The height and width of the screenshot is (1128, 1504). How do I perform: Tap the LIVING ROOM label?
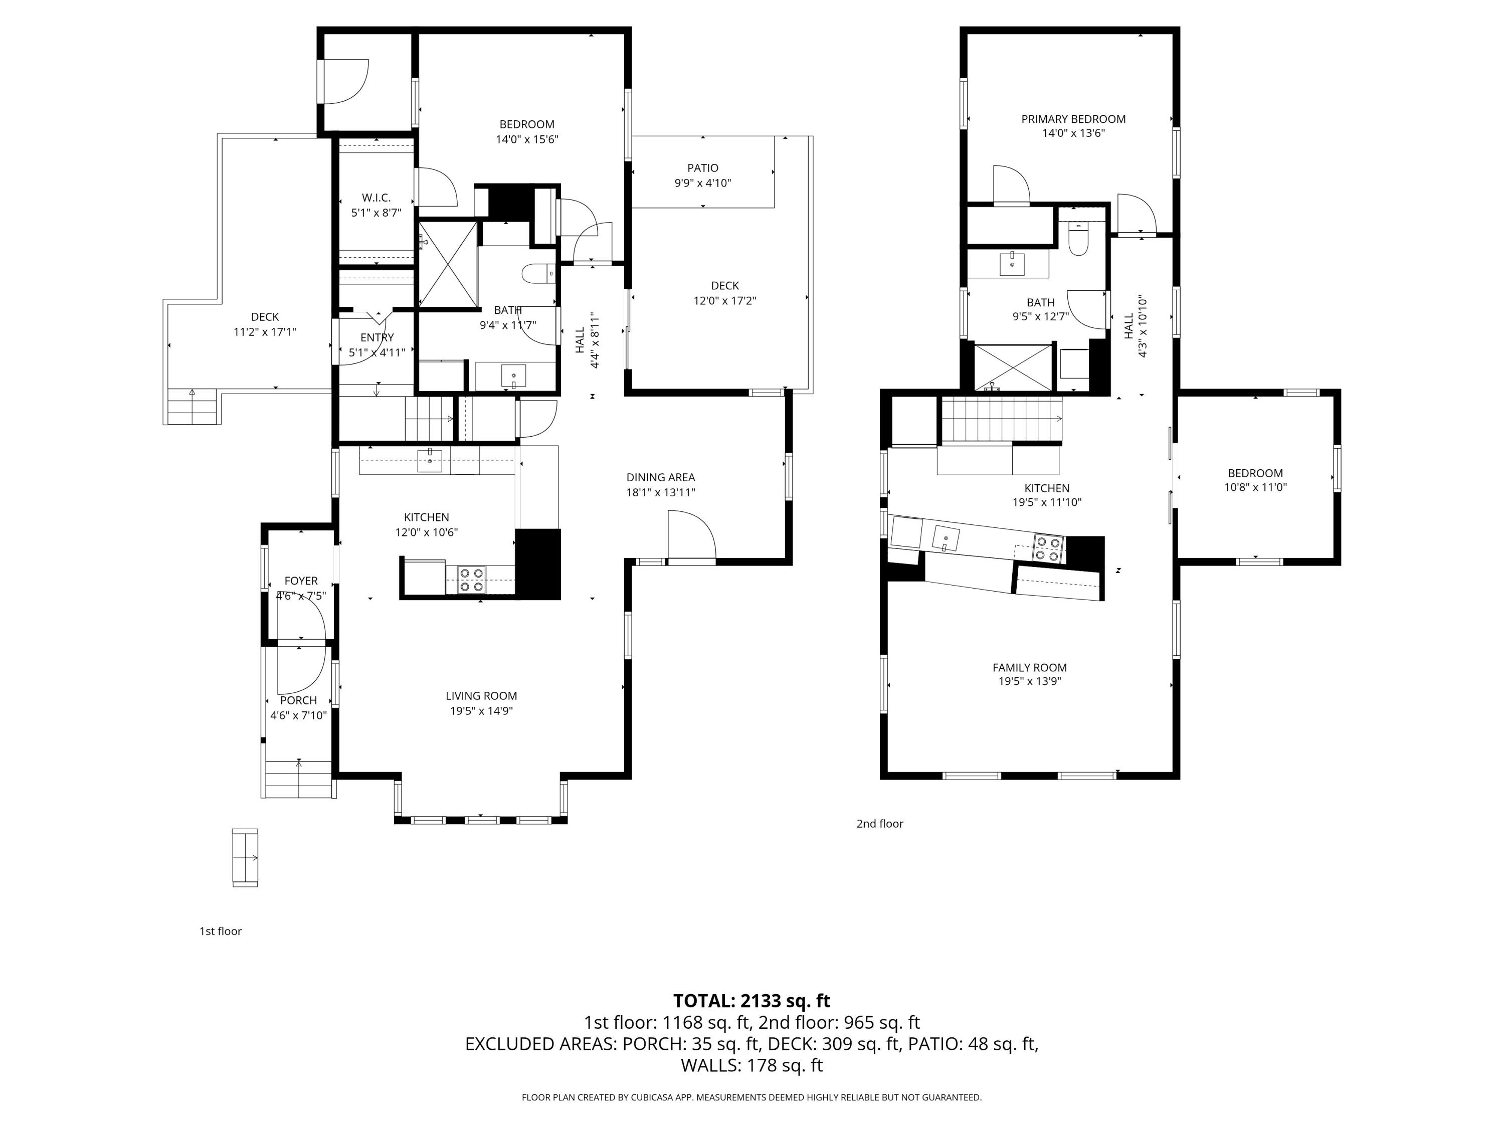point(481,695)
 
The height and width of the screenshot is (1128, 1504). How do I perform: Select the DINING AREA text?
point(660,477)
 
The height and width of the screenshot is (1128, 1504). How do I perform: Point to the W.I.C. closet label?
point(376,198)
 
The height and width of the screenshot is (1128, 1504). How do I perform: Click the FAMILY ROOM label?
point(1029,668)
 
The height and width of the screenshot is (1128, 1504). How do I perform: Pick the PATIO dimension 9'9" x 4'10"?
point(702,183)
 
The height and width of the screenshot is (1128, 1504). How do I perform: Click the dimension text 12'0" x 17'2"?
point(725,300)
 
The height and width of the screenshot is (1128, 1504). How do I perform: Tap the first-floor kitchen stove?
point(472,580)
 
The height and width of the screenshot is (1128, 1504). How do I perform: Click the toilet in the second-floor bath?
point(1078,239)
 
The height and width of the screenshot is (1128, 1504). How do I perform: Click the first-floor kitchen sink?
point(430,460)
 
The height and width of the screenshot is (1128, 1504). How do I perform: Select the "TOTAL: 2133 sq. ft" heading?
point(751,1001)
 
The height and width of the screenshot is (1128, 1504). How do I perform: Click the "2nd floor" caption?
point(880,823)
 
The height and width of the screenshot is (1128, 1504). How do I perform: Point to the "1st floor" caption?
point(220,931)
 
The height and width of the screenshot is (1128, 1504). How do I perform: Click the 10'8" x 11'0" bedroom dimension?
point(1255,487)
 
